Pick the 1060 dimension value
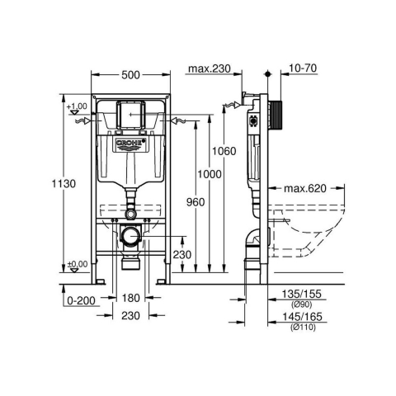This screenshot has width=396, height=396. [x=224, y=151]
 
